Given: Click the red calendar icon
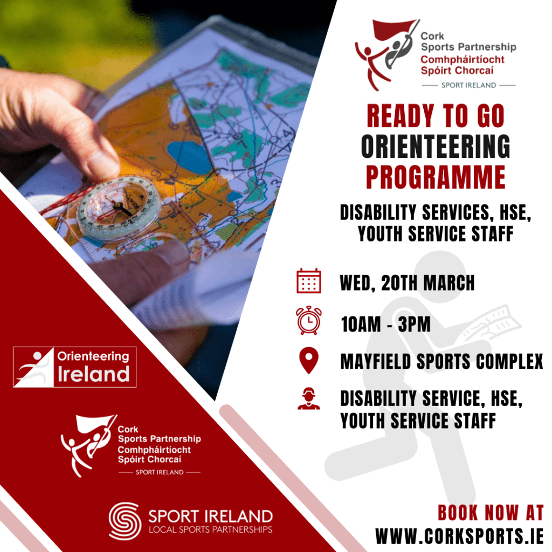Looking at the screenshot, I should (308, 281).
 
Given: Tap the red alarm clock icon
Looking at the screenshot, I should (308, 320).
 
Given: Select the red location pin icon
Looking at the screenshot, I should (308, 361).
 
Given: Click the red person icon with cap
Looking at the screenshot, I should (308, 398).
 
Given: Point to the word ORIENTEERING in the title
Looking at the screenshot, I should (436, 147).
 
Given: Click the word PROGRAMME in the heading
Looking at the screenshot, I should (436, 176).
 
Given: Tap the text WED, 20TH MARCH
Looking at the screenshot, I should (407, 282).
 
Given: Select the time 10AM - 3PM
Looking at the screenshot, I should (385, 325).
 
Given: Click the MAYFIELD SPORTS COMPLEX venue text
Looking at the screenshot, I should (441, 362).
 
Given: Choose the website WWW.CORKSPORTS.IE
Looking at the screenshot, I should (459, 536).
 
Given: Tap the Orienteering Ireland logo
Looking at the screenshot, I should (74, 367).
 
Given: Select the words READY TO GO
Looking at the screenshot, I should (436, 116).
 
